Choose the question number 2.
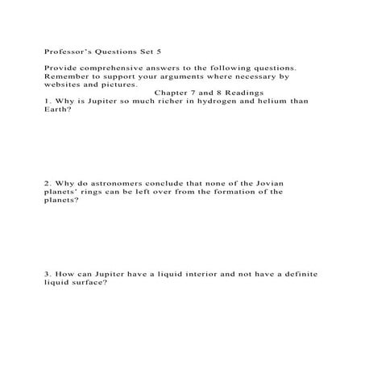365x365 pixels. point(47,183)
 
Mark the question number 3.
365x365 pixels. point(47,274)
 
